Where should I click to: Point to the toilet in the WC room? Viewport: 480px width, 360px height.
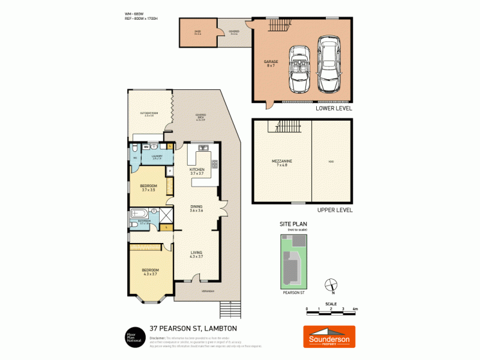coord(136,148)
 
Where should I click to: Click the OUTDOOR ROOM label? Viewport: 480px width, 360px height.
coord(148,114)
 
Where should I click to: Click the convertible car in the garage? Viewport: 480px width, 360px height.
coord(298,69)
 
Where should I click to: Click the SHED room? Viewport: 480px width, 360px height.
coord(197,32)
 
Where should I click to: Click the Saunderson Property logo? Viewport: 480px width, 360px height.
coord(328,337)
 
